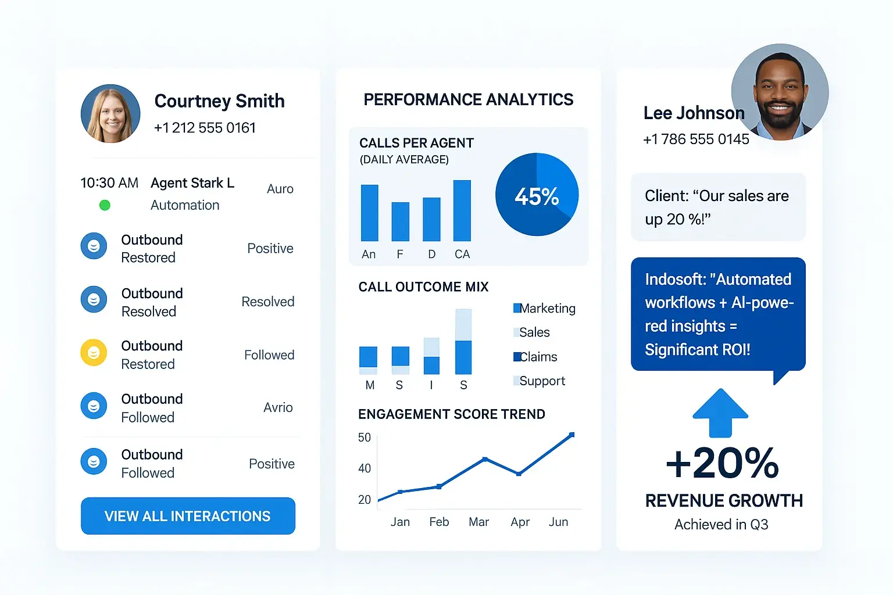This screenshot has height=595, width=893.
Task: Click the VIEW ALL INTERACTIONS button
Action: click(188, 516)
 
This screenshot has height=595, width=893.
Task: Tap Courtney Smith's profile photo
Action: click(110, 114)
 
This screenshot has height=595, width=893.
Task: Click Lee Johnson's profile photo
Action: click(780, 92)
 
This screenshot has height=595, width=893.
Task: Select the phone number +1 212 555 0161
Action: click(205, 128)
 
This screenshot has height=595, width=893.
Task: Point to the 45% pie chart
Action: click(537, 195)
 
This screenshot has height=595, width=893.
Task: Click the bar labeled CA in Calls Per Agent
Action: click(462, 210)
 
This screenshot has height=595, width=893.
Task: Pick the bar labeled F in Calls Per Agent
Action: click(400, 221)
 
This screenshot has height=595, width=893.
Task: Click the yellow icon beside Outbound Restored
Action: click(94, 353)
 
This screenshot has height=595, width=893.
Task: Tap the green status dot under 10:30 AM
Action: click(105, 205)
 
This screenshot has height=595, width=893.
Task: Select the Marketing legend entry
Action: click(544, 309)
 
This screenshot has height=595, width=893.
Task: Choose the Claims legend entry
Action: click(535, 357)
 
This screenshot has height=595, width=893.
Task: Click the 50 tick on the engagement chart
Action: click(365, 438)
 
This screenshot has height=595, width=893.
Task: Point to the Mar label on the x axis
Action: click(478, 522)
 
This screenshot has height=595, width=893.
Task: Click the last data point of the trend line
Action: click(571, 435)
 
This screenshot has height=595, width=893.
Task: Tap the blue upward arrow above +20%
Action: click(720, 413)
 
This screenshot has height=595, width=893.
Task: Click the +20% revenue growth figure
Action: click(723, 463)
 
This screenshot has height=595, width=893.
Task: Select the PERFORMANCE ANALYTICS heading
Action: click(468, 100)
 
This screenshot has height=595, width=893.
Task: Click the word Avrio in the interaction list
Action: click(278, 407)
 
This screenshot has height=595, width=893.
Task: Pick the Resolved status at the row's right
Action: click(268, 302)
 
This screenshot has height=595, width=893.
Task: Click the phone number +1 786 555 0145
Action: click(696, 139)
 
